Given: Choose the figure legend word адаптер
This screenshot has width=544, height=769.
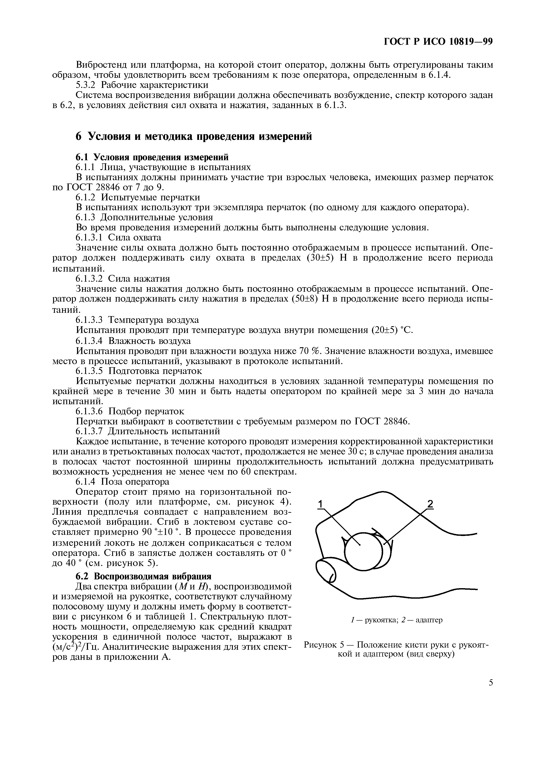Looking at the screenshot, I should pyautogui.click(x=429, y=620).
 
